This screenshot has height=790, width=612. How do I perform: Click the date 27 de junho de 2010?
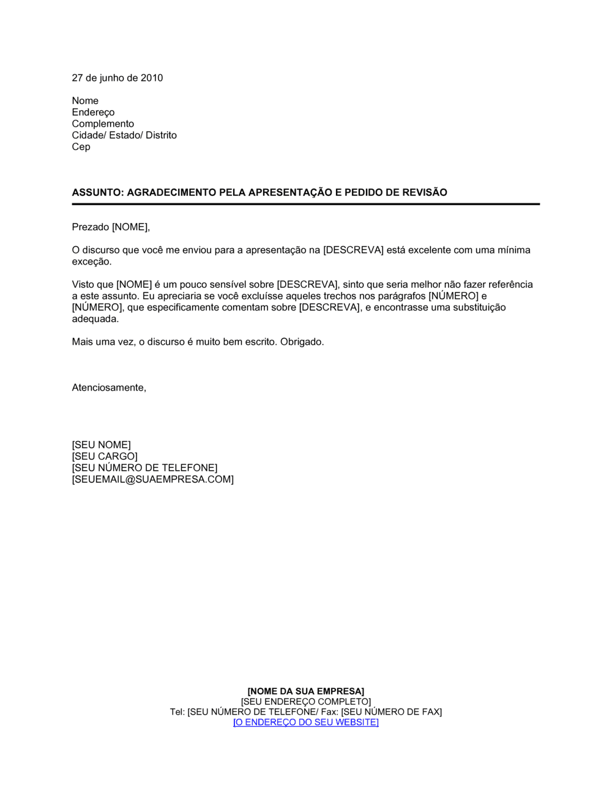point(118,78)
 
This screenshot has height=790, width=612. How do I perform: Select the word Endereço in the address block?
point(93,112)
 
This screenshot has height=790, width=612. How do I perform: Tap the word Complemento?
point(103,124)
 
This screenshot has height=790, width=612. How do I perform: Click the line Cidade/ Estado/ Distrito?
point(124,135)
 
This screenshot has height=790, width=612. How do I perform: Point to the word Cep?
point(81,147)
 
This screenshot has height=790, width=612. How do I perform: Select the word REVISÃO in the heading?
point(425,192)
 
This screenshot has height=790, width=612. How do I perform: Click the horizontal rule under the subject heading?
point(306,204)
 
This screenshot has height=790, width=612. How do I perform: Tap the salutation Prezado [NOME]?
point(111,227)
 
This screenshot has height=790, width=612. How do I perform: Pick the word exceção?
point(92,261)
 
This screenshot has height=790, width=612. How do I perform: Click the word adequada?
point(95,319)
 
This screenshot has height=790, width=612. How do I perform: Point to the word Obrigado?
point(302,342)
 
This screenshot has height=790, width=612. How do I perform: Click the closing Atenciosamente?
point(109,388)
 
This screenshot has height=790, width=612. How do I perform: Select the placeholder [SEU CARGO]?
point(105,456)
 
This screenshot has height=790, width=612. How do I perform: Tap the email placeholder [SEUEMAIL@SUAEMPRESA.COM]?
point(153,480)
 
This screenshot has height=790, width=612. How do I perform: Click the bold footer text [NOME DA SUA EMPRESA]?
point(306,691)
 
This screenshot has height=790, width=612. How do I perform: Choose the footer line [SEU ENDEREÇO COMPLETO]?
point(306,702)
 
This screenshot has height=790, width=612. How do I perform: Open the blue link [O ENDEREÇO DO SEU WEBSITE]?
point(306,723)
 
